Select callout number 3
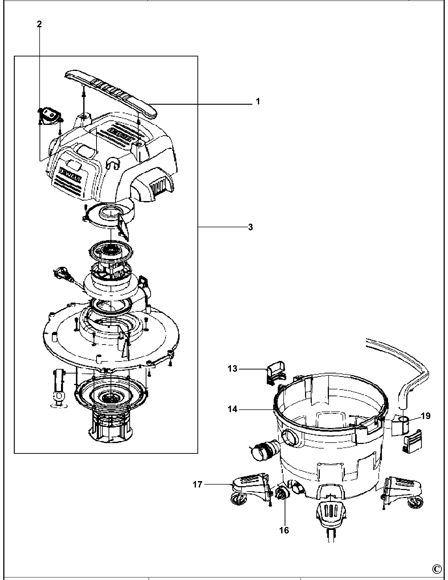point(250,227)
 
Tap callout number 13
point(232,369)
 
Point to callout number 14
point(232,409)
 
